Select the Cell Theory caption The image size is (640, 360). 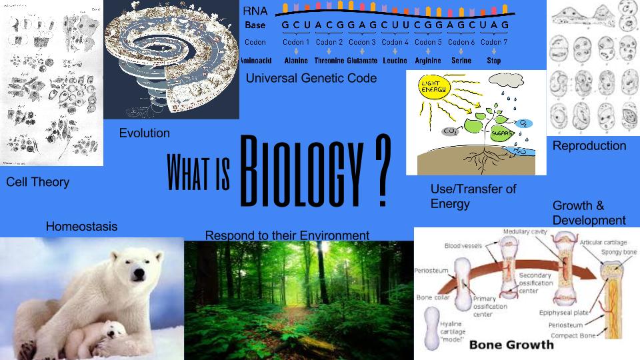(x=38, y=182)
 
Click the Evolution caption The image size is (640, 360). (x=145, y=133)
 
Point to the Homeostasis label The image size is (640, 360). (x=81, y=227)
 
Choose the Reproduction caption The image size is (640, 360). (x=589, y=145)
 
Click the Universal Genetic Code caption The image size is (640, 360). (x=311, y=78)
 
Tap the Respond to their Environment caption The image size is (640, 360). (x=287, y=235)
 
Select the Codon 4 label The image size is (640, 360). (x=395, y=42)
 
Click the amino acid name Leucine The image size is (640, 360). (x=395, y=61)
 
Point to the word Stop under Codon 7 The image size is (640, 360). (x=494, y=61)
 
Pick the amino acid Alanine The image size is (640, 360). (x=295, y=61)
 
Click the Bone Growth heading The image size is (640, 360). (x=511, y=345)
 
